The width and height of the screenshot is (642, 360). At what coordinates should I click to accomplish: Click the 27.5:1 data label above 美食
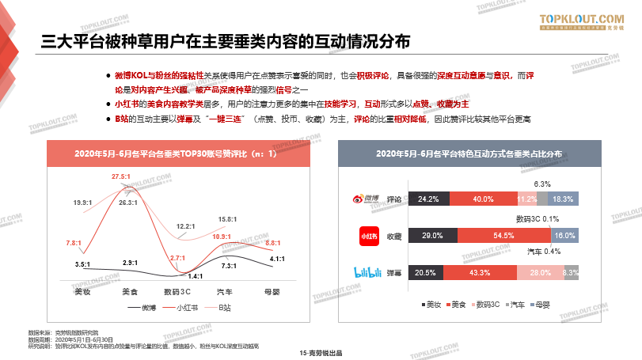pos(121,176)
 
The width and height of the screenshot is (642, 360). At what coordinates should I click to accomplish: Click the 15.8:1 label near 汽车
pos(227,219)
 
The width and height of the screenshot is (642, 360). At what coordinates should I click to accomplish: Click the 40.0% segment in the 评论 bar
pos(483,199)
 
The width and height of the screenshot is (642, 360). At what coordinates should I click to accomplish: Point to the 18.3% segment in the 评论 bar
pos(564,199)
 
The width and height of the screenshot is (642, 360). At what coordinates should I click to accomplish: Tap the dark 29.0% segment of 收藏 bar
pos(432,236)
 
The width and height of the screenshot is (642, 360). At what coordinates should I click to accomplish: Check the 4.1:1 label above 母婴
pos(277,258)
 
